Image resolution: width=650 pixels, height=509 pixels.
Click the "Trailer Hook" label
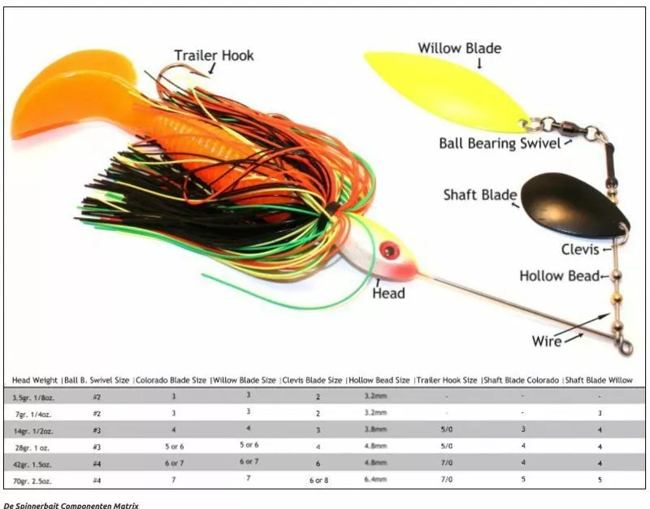[x=214, y=56]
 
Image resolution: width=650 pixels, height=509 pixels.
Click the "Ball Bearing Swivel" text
[x=500, y=144]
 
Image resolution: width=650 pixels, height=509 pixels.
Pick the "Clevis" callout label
[x=580, y=250]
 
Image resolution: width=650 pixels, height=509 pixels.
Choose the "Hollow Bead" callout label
[x=558, y=276]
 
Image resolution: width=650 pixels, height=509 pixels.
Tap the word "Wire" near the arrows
[x=547, y=342]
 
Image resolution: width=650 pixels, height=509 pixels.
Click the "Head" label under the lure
[x=388, y=293]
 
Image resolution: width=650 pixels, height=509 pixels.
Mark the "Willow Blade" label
[x=460, y=48]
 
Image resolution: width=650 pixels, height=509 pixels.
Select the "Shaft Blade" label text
[x=480, y=195]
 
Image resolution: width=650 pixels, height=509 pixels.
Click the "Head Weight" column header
[x=35, y=380]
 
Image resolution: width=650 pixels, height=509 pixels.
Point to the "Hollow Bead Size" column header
[x=379, y=380]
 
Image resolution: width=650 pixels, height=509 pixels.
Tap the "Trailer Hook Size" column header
[x=447, y=380]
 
